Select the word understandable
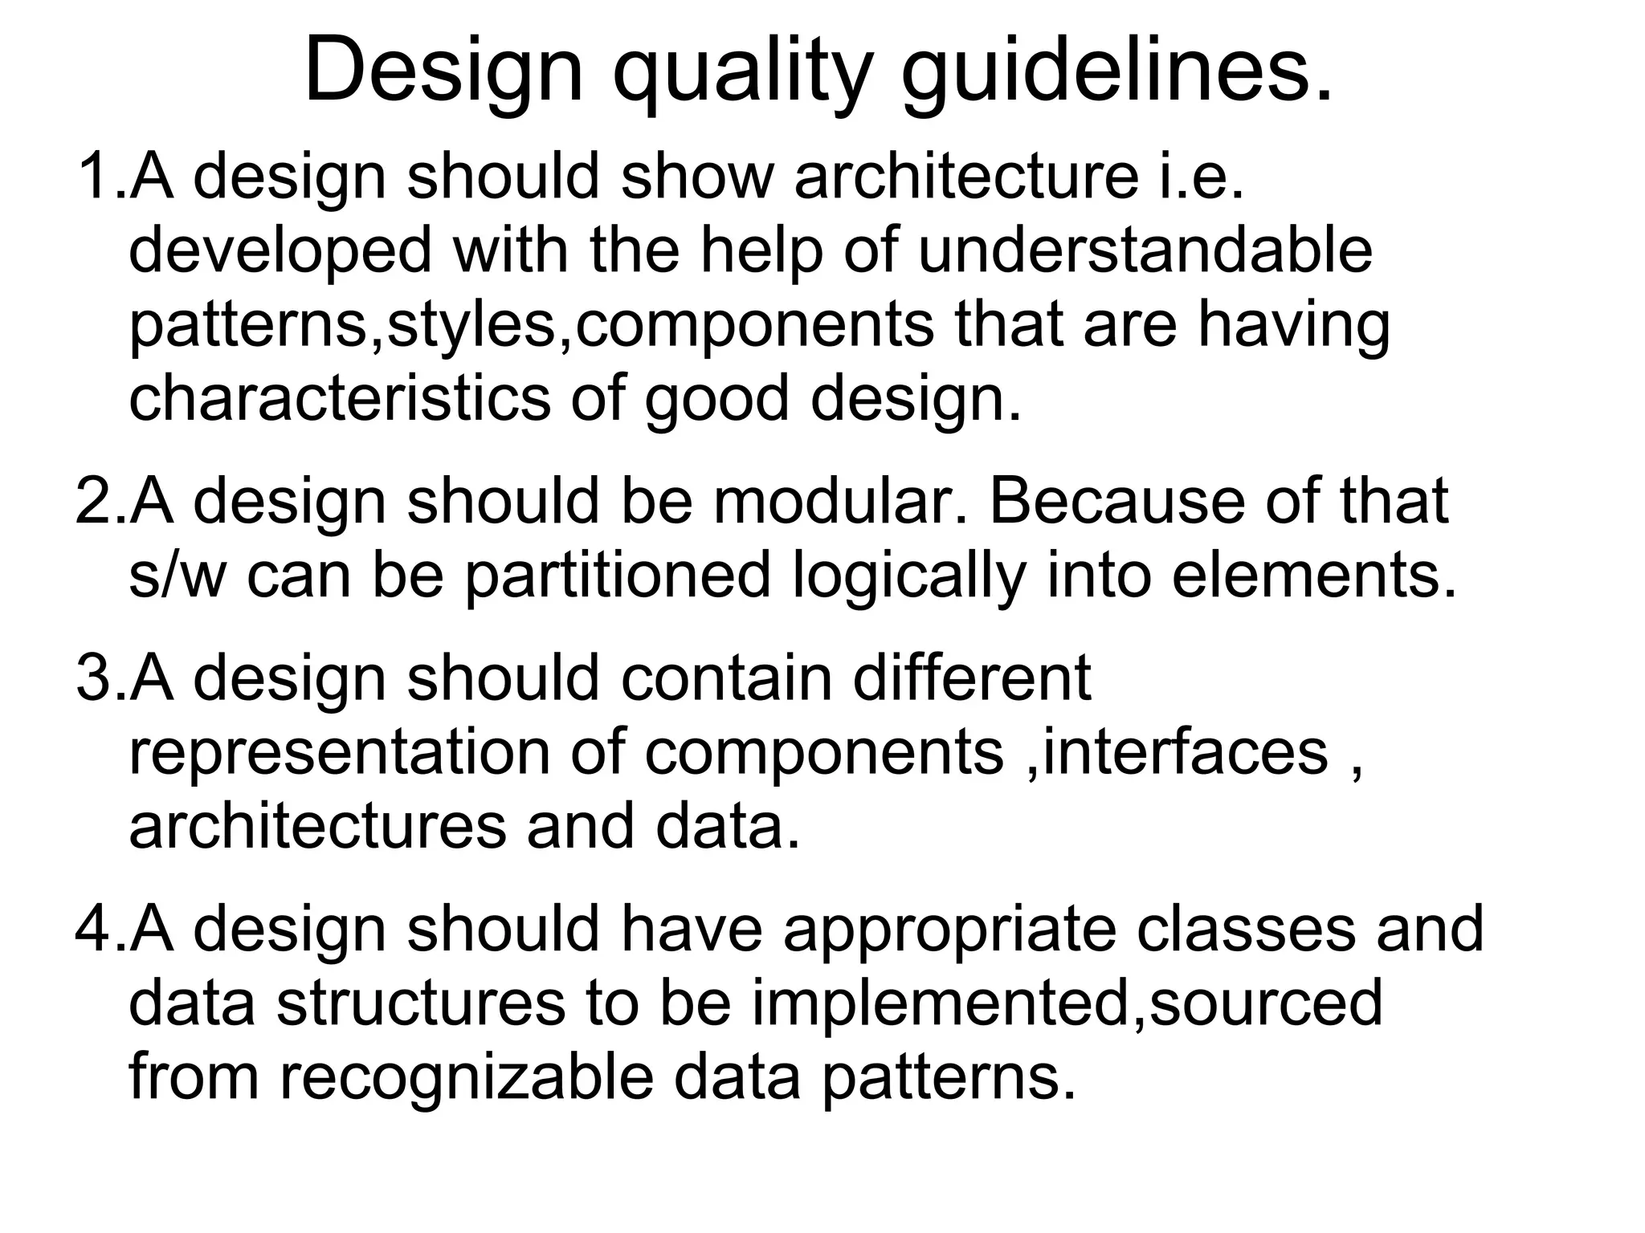tap(1145, 250)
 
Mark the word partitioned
tap(617, 576)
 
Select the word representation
tap(339, 755)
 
